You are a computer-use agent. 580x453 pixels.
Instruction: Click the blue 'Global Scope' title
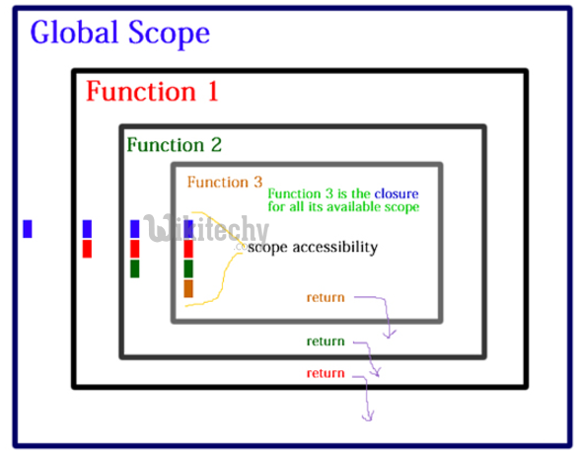(x=119, y=33)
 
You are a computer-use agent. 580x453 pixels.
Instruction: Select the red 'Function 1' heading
(x=151, y=92)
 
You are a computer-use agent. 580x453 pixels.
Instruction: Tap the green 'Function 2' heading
(x=174, y=145)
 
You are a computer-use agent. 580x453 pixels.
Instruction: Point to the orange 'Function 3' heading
(x=225, y=182)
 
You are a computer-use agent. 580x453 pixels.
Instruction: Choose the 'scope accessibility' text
(x=312, y=247)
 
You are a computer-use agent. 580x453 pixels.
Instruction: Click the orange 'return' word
(x=326, y=297)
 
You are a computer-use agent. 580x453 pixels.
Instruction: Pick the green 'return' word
(x=326, y=341)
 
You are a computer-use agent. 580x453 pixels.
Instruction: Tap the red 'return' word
(x=326, y=373)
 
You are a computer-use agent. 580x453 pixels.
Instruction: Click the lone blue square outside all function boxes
(x=28, y=229)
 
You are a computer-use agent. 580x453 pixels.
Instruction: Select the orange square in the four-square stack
(x=188, y=288)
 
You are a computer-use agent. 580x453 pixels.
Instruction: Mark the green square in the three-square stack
(x=135, y=268)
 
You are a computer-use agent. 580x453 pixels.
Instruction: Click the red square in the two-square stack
(x=87, y=249)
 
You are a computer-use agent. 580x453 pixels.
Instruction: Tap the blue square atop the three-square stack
(x=135, y=229)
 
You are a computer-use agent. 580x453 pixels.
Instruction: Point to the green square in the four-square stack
(x=188, y=268)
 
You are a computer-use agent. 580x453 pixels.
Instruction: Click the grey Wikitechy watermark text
(x=207, y=230)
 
